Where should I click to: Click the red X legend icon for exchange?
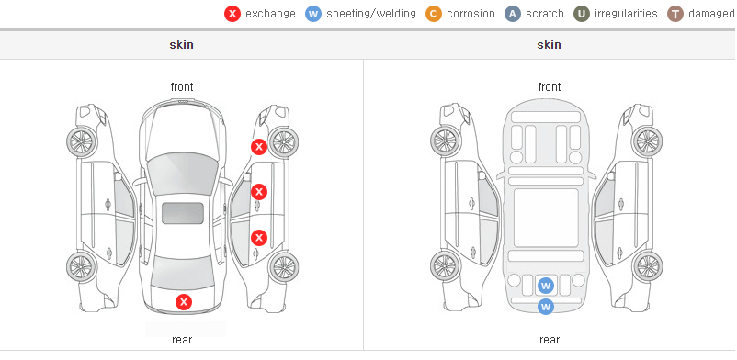pos(232,14)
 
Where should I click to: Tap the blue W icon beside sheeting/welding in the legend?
pos(313,14)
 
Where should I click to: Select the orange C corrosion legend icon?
pos(434,14)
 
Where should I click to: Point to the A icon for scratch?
pos(513,14)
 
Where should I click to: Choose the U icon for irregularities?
pos(582,14)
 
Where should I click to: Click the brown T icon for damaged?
pos(675,14)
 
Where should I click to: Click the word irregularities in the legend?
pos(626,14)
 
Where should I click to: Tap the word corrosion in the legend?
pos(471,14)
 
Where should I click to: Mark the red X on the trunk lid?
pos(184,302)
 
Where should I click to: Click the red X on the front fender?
pos(259,147)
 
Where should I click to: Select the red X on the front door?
pos(259,192)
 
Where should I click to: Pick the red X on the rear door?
pos(259,238)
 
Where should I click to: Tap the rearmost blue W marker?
pos(546,307)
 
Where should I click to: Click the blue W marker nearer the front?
pos(546,286)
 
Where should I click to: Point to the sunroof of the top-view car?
pos(183,213)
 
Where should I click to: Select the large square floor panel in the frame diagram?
pos(546,218)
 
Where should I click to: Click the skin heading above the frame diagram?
pos(549,45)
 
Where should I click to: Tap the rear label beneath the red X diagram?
pos(182,340)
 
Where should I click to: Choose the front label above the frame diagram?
pos(550,87)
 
